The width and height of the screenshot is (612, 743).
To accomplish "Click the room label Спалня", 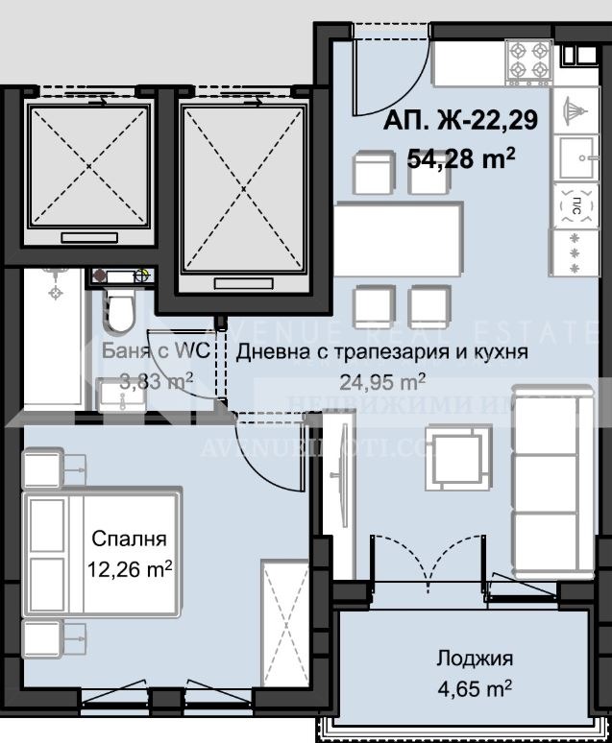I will pyautogui.click(x=130, y=539).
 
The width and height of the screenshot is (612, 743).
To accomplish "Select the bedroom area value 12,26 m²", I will pyautogui.click(x=130, y=569).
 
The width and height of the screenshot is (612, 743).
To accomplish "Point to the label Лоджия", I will pyautogui.click(x=475, y=659).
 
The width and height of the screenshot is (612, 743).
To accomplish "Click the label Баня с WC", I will pyautogui.click(x=148, y=351).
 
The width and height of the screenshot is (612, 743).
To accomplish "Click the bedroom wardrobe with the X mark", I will pyautogui.click(x=285, y=619).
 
